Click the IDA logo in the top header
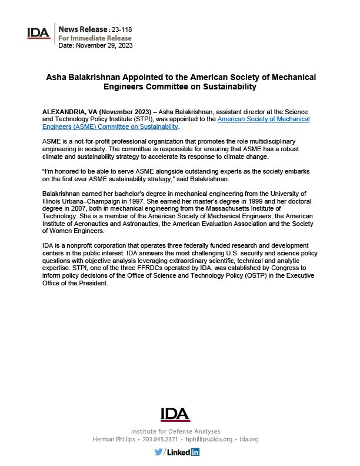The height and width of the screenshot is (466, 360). click(x=38, y=34)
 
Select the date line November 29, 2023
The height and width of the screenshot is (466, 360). click(x=102, y=45)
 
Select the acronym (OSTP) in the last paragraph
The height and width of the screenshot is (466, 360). click(x=254, y=277)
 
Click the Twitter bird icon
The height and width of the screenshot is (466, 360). click(x=159, y=452)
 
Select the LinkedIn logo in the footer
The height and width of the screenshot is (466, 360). click(x=185, y=452)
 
